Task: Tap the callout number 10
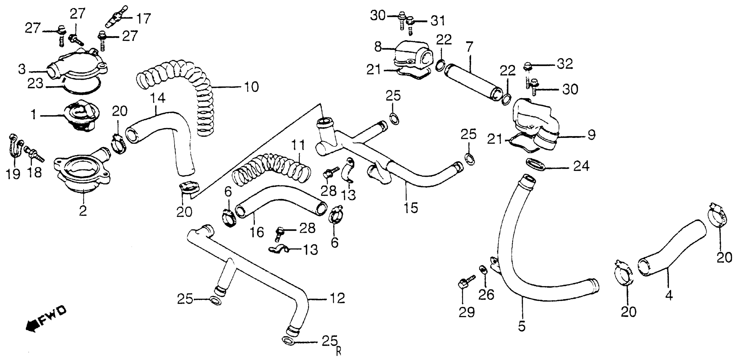[x=251, y=86]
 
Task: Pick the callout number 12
[x=337, y=298]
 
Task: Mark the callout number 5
[x=522, y=326]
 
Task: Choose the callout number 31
[x=437, y=21]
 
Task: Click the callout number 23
[x=35, y=84]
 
